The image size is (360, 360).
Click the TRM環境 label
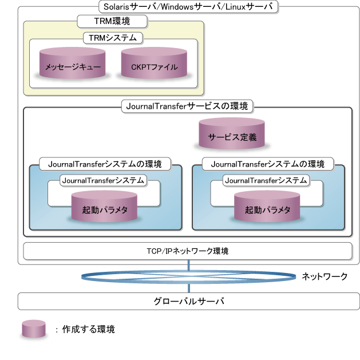pos(112,21)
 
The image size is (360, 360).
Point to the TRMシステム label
pos(113,38)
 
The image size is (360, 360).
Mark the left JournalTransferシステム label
pos(104,180)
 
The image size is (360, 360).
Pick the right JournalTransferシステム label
pos(267,180)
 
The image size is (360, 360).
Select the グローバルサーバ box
pos(188,300)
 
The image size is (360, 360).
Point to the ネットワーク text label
pos(325,276)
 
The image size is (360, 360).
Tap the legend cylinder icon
pos(33,329)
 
